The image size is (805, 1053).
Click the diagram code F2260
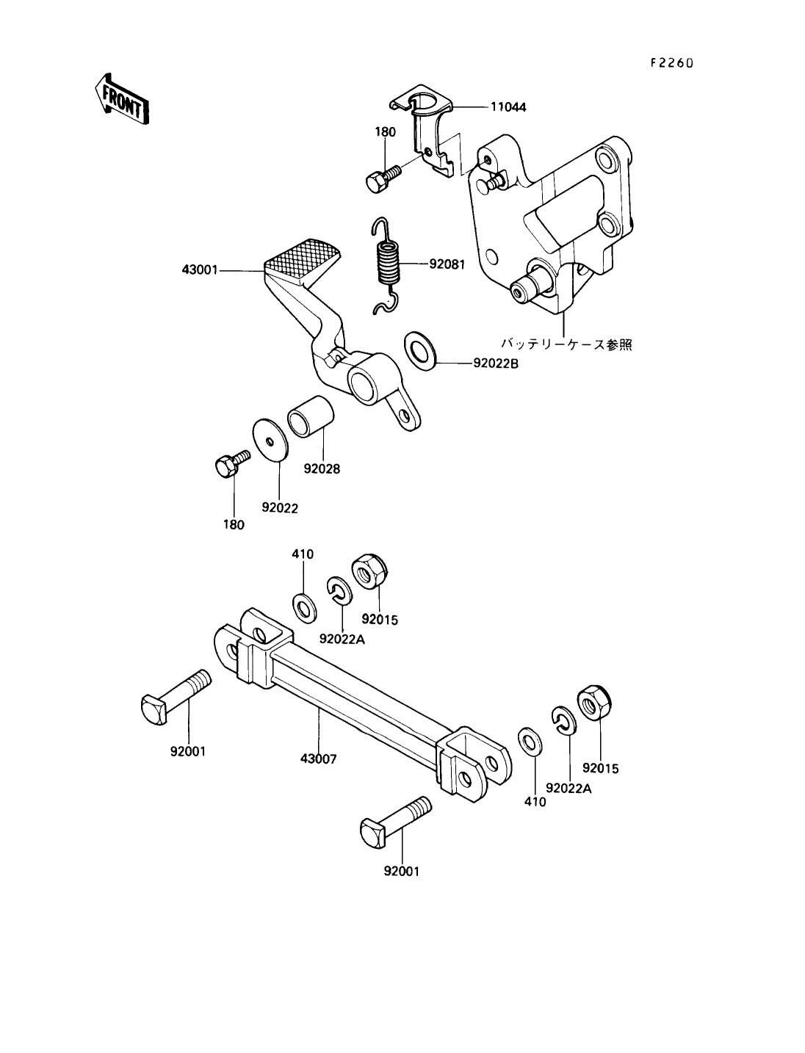[671, 63]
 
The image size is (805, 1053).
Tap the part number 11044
[508, 107]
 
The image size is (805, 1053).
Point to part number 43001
[200, 270]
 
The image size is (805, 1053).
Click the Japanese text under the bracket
[567, 344]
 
